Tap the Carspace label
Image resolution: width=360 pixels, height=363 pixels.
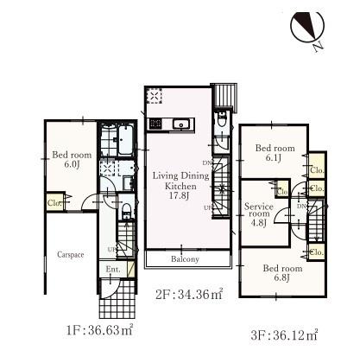[71, 255]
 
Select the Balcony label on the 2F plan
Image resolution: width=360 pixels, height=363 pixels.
[185, 259]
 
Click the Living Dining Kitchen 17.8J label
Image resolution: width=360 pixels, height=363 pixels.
[180, 186]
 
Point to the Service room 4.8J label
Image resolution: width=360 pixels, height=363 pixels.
[259, 214]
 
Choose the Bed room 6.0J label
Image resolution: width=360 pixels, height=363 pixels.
[72, 159]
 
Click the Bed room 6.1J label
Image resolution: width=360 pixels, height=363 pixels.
[275, 153]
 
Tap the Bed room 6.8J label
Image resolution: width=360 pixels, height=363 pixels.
[282, 273]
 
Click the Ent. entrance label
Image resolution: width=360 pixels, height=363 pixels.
[113, 270]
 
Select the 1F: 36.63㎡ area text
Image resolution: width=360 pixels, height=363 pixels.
[99, 329]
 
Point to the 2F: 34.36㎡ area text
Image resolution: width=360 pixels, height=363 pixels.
[189, 294]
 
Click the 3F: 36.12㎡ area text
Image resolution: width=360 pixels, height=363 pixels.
[284, 335]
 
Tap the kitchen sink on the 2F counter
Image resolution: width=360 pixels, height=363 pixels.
[181, 124]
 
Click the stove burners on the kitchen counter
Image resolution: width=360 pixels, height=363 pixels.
[155, 124]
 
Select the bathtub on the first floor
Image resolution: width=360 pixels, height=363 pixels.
[125, 141]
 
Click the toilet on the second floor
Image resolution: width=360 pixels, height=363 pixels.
[222, 120]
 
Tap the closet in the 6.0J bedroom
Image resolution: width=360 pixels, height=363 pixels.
[54, 202]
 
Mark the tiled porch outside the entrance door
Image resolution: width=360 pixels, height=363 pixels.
[117, 299]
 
